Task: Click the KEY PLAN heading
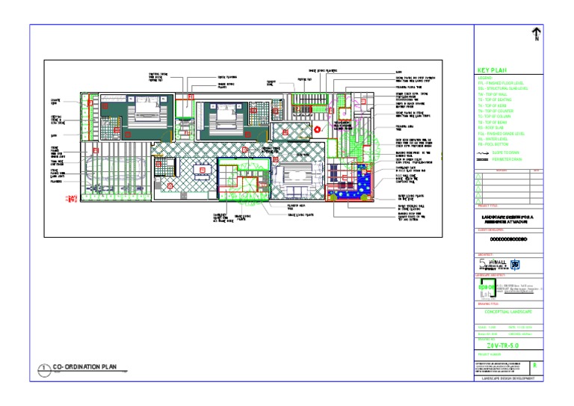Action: (x=492, y=72)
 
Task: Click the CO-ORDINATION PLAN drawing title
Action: (x=84, y=366)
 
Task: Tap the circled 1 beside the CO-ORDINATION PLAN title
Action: (x=44, y=367)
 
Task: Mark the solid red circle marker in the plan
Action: (x=317, y=129)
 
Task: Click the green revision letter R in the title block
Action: (x=534, y=366)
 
